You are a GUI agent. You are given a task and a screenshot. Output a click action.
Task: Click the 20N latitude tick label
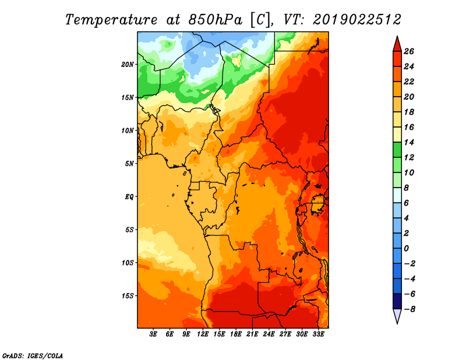point(127,65)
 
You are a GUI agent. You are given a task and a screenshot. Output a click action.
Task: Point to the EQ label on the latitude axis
point(129,197)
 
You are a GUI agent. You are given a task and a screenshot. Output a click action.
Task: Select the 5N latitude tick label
point(129,164)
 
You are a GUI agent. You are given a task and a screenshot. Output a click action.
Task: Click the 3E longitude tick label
point(153,334)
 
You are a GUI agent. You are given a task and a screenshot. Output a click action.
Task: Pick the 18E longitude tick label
point(236,334)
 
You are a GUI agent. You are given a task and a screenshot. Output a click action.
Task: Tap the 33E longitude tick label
point(318,334)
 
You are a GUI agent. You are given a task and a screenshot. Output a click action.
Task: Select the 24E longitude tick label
point(269,334)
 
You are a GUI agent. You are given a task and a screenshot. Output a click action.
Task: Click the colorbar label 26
point(409,51)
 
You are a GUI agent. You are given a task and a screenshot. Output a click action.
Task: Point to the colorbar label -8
point(409,309)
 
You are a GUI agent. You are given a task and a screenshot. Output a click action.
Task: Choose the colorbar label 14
point(409,142)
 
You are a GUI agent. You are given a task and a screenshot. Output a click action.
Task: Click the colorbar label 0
point(406,249)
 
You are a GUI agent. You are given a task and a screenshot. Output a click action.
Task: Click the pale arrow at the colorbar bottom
point(397,315)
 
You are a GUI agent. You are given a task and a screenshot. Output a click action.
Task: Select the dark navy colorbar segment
point(397,301)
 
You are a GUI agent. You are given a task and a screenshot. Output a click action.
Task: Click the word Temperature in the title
point(111,20)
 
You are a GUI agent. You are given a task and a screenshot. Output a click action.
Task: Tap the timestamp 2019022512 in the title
point(357,20)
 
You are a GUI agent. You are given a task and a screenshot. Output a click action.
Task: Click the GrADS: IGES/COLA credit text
point(33,355)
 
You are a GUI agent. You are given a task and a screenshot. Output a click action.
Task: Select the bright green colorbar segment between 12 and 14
point(397,150)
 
